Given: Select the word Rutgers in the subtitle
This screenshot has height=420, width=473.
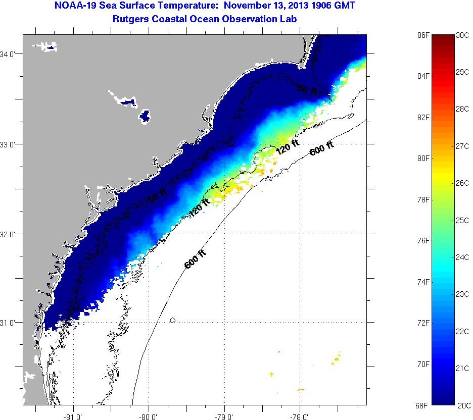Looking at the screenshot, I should pos(131,19).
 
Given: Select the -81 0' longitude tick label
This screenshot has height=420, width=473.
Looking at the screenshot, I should pos(74,416).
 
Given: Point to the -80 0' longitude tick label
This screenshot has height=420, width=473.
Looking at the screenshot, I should pos(149,416).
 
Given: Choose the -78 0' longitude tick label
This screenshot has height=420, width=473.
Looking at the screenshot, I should pos(300,416).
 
